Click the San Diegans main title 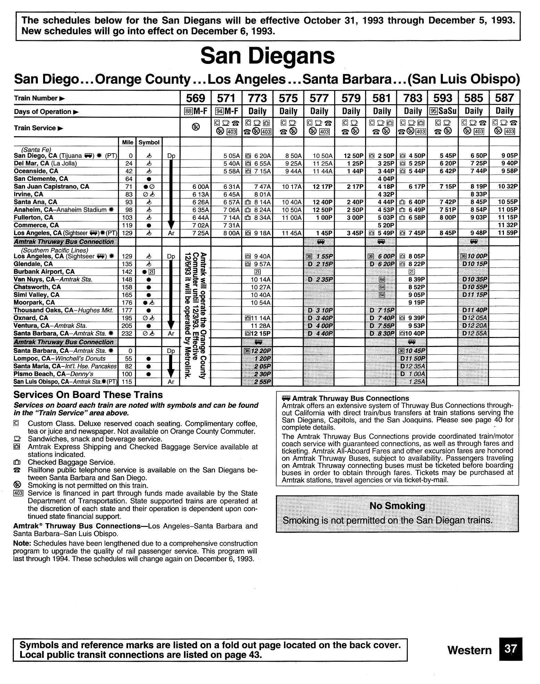[x=268, y=56]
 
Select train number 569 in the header [x=195, y=98]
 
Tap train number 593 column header [x=443, y=98]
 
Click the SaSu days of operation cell [x=443, y=111]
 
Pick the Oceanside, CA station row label [x=36, y=171]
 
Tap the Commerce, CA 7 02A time [x=201, y=225]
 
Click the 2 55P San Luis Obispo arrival [x=262, y=382]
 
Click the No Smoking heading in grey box [x=397, y=506]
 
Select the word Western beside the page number [x=469, y=650]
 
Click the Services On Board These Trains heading [x=88, y=395]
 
